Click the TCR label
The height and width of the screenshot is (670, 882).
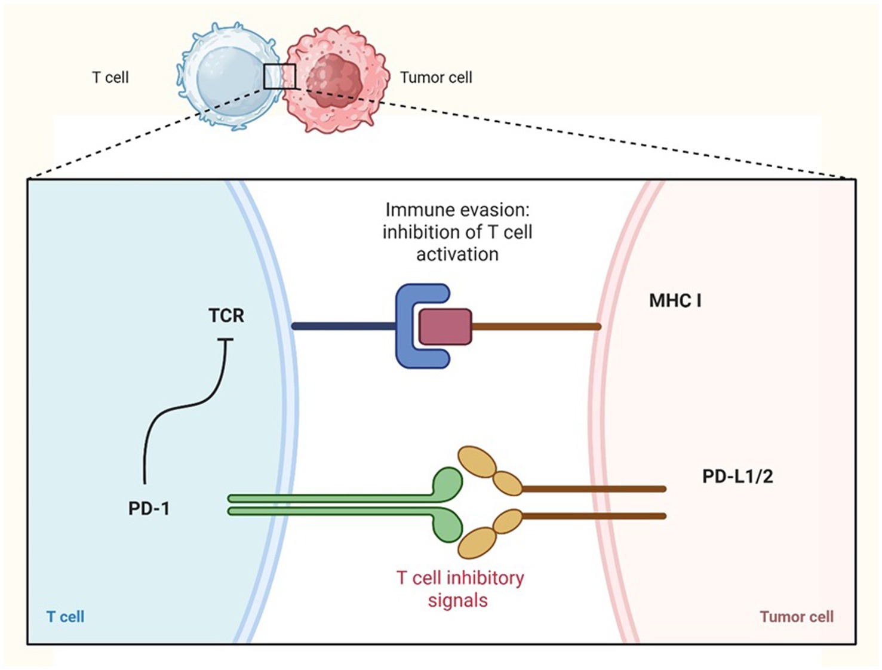click(226, 315)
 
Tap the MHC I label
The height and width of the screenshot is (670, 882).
click(675, 300)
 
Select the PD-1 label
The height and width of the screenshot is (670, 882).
click(149, 509)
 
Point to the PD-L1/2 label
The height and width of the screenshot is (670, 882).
click(737, 477)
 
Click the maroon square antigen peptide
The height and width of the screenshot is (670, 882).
click(445, 327)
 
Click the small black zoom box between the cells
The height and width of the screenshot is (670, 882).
click(279, 76)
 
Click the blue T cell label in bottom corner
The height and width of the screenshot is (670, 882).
click(65, 617)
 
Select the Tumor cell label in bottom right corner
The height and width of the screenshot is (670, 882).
click(796, 617)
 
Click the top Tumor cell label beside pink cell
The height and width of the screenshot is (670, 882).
click(436, 78)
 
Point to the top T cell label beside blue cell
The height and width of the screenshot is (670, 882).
click(110, 78)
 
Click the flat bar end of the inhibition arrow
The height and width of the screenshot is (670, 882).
click(225, 340)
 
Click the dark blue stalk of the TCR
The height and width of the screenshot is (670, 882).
click(343, 327)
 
